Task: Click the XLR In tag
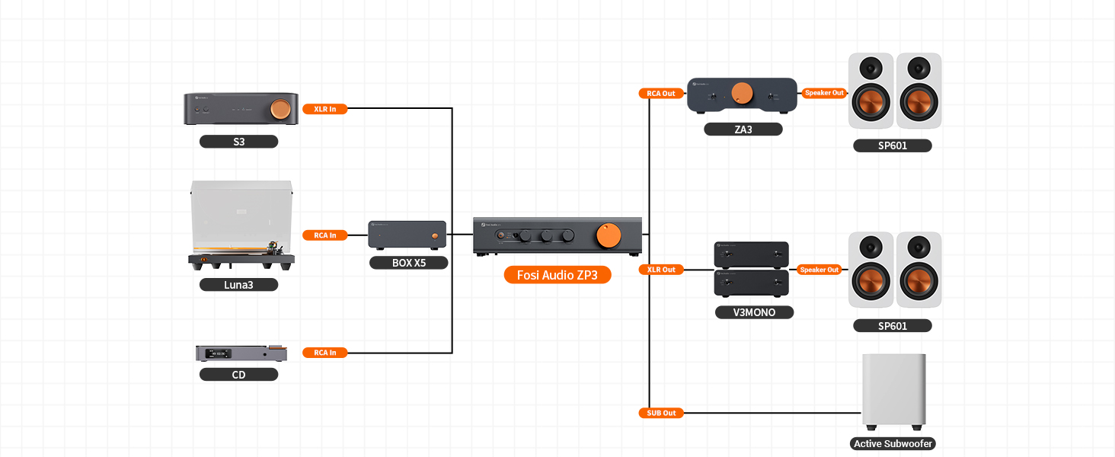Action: coord(325,109)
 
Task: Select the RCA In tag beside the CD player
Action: coord(325,353)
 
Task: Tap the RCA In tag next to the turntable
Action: coord(325,235)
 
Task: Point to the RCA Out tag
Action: coord(661,94)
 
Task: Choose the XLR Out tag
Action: coord(661,270)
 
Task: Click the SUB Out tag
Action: coord(661,413)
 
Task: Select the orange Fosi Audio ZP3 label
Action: coord(557,275)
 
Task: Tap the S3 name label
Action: coord(238,142)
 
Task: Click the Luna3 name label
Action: coord(238,285)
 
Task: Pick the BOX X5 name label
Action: coord(409,263)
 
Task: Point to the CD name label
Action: coord(238,375)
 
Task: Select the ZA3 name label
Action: coord(743,129)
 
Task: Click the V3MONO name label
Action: coord(754,312)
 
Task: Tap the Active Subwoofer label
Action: coord(893,443)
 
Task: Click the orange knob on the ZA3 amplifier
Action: coord(742,94)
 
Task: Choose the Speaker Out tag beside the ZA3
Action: coord(824,93)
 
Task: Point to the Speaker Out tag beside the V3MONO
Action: coord(819,270)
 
